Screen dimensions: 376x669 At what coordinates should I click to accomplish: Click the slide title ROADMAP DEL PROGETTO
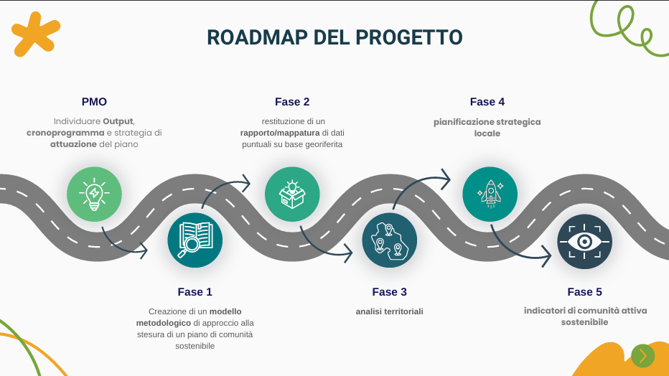tap(334, 37)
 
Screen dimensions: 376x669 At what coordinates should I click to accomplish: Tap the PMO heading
tap(94, 102)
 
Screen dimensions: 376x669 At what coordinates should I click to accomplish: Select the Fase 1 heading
tap(195, 292)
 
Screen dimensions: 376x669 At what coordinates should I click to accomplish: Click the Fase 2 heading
tap(292, 102)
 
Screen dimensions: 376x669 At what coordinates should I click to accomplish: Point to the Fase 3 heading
tap(390, 292)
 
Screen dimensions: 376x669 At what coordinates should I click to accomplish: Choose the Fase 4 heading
tap(487, 102)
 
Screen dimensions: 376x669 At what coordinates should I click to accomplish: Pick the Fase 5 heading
tap(585, 292)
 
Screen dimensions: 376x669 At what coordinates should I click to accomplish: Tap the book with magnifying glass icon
tap(195, 240)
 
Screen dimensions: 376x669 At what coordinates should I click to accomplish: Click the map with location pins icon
tap(390, 240)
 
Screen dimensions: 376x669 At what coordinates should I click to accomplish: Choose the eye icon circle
tap(585, 242)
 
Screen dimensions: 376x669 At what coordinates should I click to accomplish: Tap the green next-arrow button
tap(642, 356)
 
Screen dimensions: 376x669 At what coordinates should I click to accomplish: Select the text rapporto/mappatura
tap(280, 133)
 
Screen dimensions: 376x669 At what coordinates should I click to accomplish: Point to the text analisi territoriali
tap(390, 311)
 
